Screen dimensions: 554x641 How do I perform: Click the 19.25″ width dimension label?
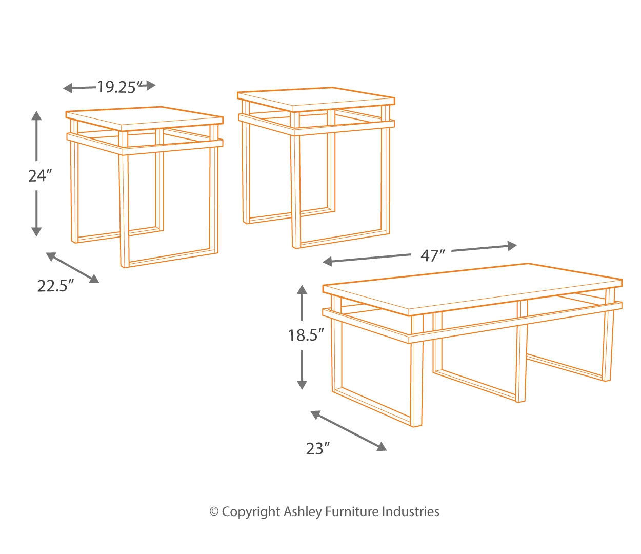click(118, 87)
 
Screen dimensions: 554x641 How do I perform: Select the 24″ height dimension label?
click(41, 176)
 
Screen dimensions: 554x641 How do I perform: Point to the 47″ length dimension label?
click(432, 255)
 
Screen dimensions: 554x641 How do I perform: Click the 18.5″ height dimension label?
click(306, 335)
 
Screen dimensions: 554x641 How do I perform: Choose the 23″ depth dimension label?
click(317, 449)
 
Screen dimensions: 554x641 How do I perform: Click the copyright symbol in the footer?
click(214, 511)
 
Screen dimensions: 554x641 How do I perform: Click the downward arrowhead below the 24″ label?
click(36, 231)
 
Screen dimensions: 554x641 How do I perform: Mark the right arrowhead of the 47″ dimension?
click(511, 246)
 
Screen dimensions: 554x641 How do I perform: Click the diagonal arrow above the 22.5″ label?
click(72, 267)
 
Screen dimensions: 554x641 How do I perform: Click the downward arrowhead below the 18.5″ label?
click(302, 383)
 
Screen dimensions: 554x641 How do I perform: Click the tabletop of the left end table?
click(144, 116)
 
